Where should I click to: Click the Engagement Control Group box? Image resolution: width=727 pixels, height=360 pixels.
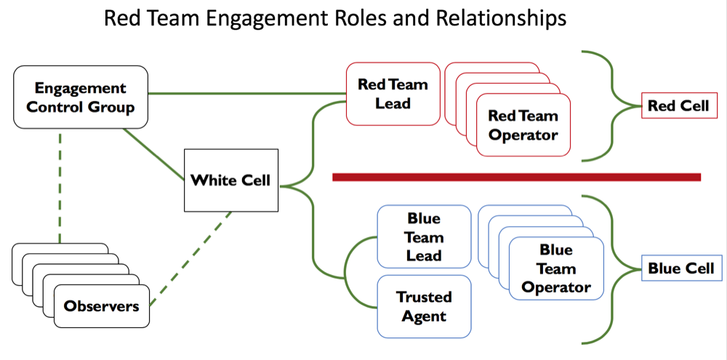pyautogui.click(x=80, y=98)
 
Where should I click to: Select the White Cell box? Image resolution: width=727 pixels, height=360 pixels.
pyautogui.click(x=230, y=179)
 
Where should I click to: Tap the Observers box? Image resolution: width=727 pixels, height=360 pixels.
pyautogui.click(x=101, y=306)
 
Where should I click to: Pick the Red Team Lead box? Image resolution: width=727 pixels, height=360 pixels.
pyautogui.click(x=393, y=93)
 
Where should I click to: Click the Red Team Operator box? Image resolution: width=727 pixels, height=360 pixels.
pyautogui.click(x=523, y=126)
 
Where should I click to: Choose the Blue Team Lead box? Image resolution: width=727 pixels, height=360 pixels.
pyautogui.click(x=423, y=237)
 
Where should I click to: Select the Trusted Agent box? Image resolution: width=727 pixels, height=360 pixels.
pyautogui.click(x=423, y=306)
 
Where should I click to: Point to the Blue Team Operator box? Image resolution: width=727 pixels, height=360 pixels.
pyautogui.click(x=556, y=268)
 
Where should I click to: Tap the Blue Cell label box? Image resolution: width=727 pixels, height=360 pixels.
pyautogui.click(x=681, y=268)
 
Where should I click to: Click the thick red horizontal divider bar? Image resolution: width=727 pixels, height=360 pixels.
pyautogui.click(x=516, y=177)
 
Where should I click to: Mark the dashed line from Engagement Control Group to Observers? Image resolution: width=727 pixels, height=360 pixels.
pyautogui.click(x=60, y=189)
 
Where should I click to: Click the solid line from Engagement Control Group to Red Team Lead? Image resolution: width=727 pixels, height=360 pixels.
pyautogui.click(x=247, y=93)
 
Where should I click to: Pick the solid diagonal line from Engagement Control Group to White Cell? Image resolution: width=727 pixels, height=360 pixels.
pyautogui.click(x=154, y=153)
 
